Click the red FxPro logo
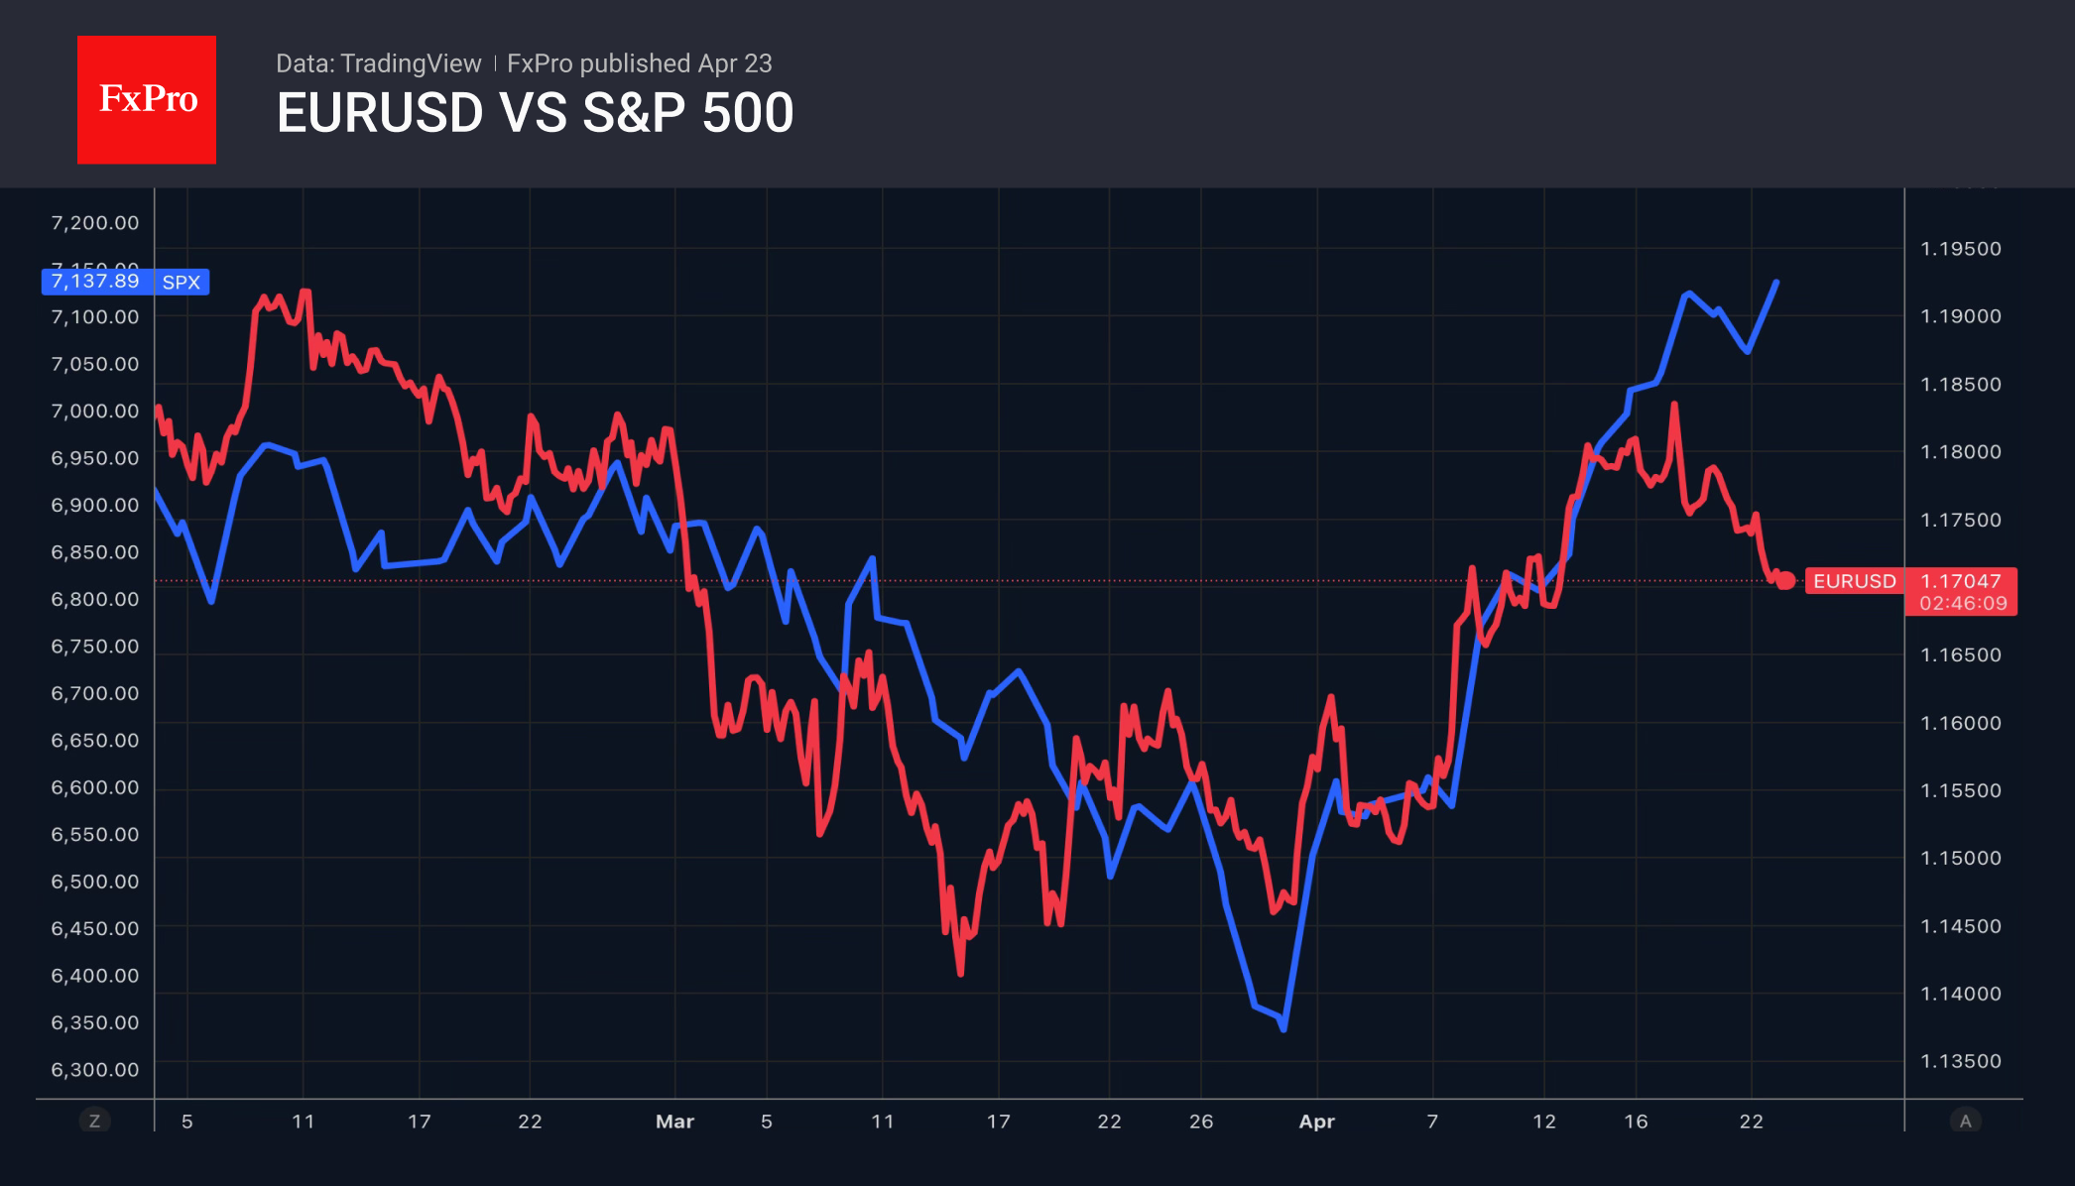point(147,99)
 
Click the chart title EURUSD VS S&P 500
point(535,113)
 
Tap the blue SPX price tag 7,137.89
point(95,282)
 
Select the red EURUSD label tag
point(1854,581)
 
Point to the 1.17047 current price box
point(1961,581)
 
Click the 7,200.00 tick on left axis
point(95,223)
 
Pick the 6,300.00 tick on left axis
point(95,1069)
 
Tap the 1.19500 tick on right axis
point(1961,249)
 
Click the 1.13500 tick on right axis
point(1961,1061)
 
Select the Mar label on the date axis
point(674,1122)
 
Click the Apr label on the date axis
point(1316,1122)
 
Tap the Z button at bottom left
point(94,1121)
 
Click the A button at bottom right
point(1965,1121)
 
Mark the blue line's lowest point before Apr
point(1283,1028)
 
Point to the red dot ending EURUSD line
point(1785,581)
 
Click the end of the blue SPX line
point(1775,283)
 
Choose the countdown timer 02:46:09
point(1963,603)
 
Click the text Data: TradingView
point(378,63)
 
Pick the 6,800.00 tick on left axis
point(95,599)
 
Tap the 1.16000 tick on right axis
point(1961,723)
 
